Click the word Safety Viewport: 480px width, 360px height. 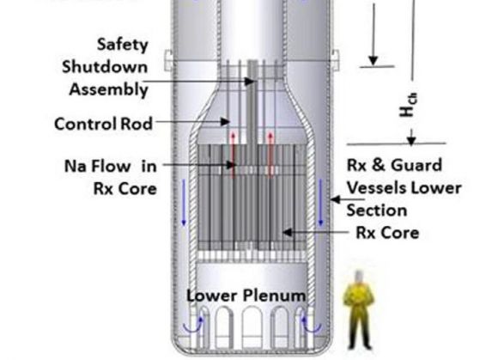point(123,45)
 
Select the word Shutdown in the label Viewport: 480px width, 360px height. point(105,67)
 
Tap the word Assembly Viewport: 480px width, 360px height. point(109,90)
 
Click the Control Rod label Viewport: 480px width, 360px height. point(103,124)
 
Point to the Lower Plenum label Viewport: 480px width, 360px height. point(246,296)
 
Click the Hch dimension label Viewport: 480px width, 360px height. point(409,105)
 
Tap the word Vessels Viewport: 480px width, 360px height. point(377,188)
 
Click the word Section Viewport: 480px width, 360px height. point(377,211)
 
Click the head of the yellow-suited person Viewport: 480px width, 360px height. point(358,278)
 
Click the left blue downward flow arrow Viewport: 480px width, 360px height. point(184,203)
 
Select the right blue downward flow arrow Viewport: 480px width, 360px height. point(320,203)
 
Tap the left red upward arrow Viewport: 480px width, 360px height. point(233,155)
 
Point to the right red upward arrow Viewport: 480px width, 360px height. point(270,155)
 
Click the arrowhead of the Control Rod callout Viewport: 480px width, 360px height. point(226,122)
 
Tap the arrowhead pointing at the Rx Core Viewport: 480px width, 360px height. point(287,232)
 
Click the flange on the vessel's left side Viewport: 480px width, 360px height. point(168,60)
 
